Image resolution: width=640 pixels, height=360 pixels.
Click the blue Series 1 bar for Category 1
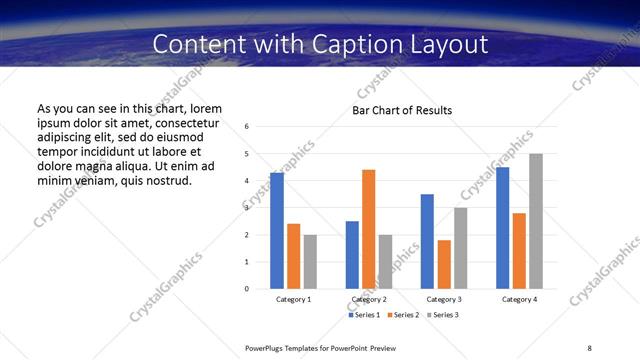(277, 231)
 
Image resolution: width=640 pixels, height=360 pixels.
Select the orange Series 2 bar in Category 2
(368, 229)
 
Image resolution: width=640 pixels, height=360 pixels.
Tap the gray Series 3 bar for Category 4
(536, 221)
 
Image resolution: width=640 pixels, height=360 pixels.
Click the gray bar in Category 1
(310, 262)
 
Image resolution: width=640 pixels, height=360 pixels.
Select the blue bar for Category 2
(352, 255)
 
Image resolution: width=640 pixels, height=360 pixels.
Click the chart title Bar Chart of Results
(402, 110)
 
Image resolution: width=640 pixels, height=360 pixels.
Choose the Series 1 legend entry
(364, 315)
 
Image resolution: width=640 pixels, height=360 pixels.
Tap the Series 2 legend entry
(402, 315)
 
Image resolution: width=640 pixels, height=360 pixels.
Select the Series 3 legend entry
(441, 315)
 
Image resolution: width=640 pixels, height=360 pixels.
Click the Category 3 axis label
(443, 299)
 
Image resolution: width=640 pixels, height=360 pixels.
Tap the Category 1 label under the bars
(293, 299)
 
